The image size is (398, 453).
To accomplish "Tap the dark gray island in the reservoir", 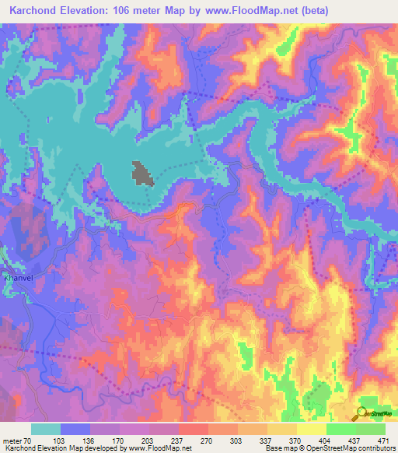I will click(x=141, y=174).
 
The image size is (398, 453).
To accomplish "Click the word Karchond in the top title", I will click(x=37, y=11).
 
